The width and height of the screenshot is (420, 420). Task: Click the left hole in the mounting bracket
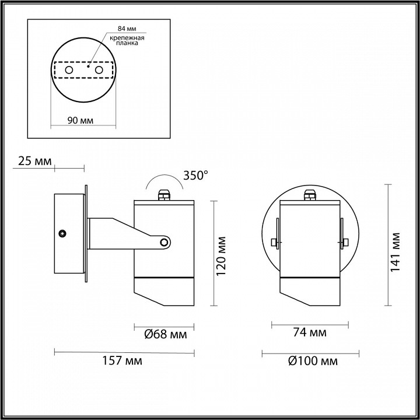(69, 70)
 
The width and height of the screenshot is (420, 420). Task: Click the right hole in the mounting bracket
(99, 70)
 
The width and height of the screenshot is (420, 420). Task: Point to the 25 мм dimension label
(35, 161)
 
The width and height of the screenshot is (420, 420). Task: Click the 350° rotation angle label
(195, 174)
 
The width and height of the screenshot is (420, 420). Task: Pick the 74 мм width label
(309, 333)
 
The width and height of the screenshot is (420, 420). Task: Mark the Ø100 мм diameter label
(313, 361)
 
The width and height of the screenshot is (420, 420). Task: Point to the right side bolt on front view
(344, 242)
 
